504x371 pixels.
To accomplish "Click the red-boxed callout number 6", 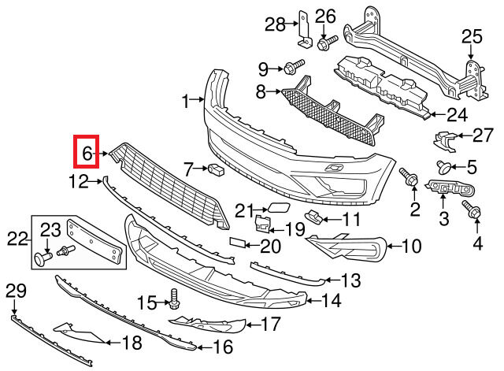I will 86,152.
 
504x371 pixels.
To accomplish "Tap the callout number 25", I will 471,36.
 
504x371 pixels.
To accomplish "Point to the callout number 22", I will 17,237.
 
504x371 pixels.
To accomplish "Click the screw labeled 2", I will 409,179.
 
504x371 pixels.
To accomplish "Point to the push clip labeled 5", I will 443,166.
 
